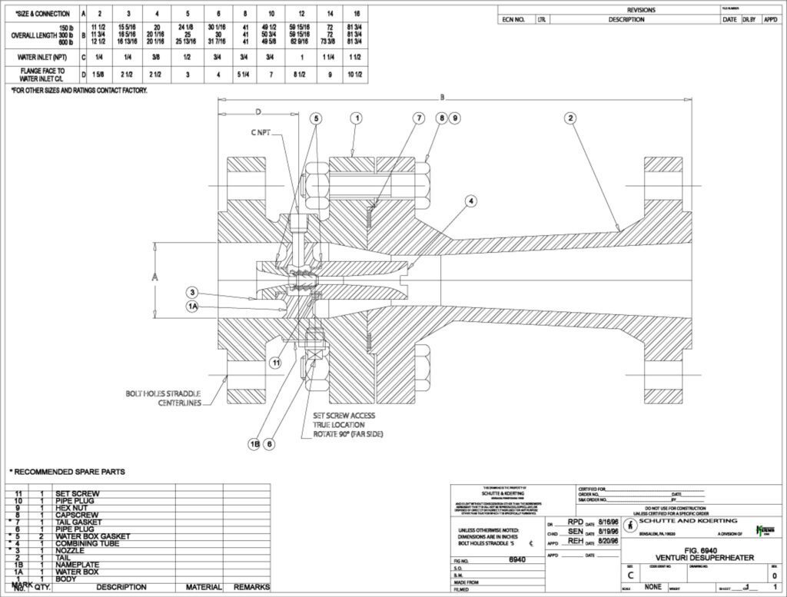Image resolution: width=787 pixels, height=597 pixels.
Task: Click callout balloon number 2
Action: [x=570, y=118]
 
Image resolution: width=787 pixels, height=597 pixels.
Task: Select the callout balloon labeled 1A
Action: [x=193, y=306]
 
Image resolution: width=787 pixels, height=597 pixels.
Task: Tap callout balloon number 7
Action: [x=419, y=118]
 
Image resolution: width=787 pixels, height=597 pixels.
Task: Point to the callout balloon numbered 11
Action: [x=274, y=362]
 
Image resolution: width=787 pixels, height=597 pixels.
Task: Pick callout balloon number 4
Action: [x=470, y=201]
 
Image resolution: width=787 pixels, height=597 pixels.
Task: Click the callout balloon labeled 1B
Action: [x=254, y=443]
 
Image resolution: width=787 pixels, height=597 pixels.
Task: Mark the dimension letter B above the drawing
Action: [x=442, y=97]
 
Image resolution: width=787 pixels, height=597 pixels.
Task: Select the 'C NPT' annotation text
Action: [x=261, y=132]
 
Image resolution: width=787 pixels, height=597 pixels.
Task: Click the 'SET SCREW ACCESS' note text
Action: [x=344, y=415]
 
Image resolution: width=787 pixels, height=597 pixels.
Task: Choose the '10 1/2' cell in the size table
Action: [x=356, y=74]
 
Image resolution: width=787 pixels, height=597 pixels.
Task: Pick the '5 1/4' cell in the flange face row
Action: [x=245, y=74]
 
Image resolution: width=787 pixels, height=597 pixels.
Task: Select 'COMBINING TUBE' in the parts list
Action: [x=87, y=543]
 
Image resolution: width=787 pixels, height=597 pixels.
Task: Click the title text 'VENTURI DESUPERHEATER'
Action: [x=698, y=557]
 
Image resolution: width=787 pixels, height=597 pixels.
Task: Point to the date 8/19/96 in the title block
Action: [x=608, y=531]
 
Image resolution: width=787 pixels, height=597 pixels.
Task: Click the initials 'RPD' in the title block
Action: [x=575, y=521]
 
